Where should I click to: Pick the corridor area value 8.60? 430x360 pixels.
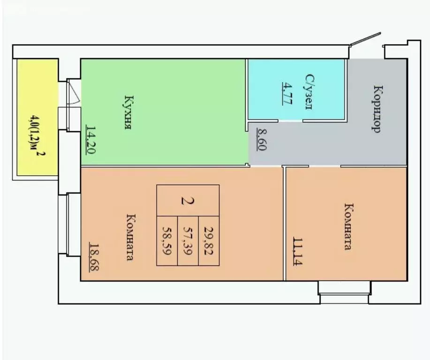click(262, 140)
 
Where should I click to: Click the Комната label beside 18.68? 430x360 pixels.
click(131, 237)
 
